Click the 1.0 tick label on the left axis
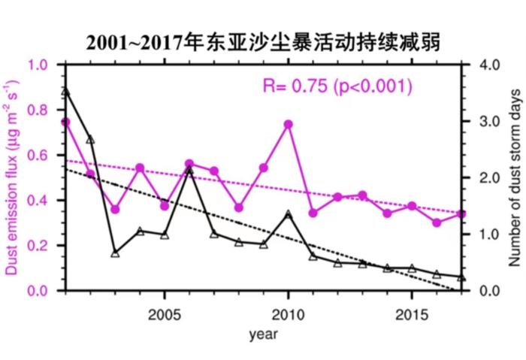[38, 65]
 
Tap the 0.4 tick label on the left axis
[38, 201]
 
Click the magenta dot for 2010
[288, 124]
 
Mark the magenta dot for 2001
[65, 122]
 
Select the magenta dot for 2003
[115, 210]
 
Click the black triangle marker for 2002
[90, 139]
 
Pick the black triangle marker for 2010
[288, 214]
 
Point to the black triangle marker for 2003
[115, 253]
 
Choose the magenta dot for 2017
[461, 214]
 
